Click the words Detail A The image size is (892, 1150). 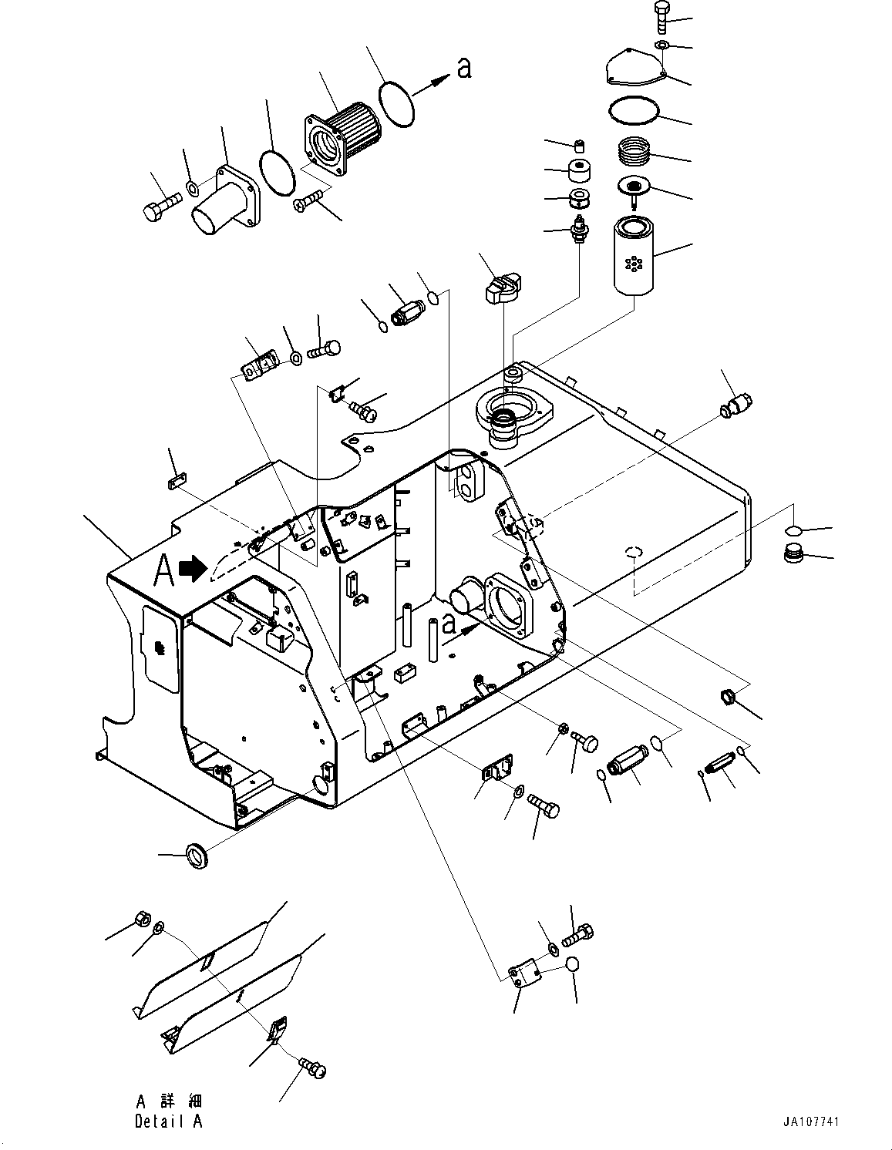[168, 1121]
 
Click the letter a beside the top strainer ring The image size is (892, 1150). [463, 68]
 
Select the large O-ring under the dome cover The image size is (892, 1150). [633, 109]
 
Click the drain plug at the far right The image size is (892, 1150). [793, 554]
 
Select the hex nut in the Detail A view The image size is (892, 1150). [142, 919]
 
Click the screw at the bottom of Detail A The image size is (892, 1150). [311, 1068]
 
